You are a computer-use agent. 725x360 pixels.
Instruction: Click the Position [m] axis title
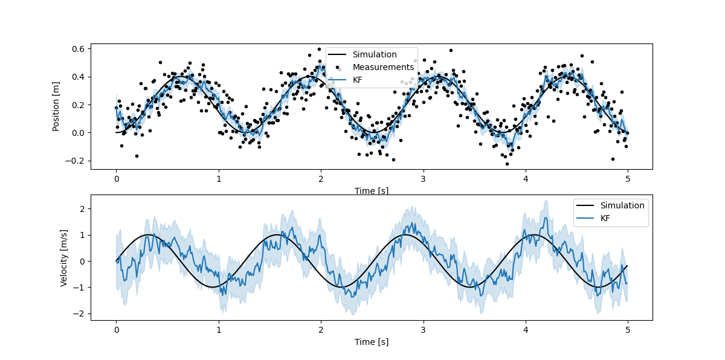(56, 106)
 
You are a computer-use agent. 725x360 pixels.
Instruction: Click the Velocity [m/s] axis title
(64, 257)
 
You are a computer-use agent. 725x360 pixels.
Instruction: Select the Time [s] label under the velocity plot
(371, 342)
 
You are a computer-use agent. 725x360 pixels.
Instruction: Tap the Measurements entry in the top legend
(383, 67)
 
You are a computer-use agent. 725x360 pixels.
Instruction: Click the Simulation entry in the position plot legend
(375, 54)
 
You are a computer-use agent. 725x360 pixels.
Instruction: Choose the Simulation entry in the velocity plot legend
(622, 205)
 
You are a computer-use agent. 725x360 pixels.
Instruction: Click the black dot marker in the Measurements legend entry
(339, 68)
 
